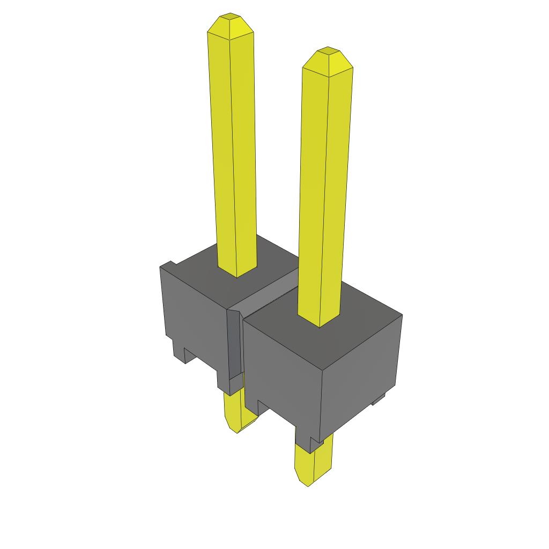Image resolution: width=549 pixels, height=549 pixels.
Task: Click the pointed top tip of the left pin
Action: click(231, 16)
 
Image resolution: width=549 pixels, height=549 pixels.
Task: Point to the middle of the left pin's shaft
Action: click(233, 150)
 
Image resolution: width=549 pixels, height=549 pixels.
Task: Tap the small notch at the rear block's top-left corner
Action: click(170, 264)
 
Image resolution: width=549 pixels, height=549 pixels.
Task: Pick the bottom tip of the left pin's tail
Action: click(236, 431)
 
